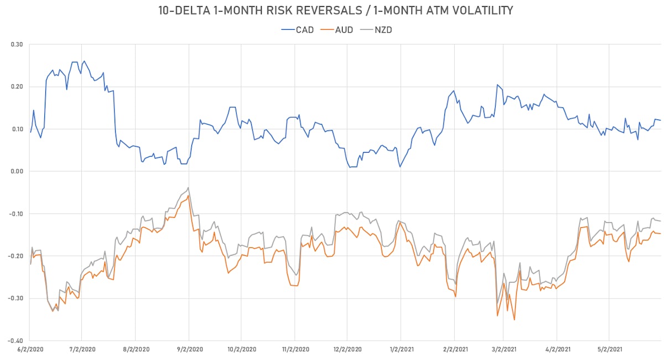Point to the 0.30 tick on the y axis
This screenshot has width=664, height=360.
[x=15, y=44]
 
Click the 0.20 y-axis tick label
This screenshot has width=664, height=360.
[x=15, y=87]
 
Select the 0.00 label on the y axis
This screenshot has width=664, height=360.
[x=15, y=171]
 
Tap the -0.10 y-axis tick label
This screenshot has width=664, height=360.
[x=14, y=214]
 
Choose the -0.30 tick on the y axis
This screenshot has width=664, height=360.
[x=14, y=299]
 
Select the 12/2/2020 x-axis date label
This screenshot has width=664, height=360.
[x=347, y=349]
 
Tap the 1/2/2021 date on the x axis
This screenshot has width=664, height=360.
[x=401, y=349]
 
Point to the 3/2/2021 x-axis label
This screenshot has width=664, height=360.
[x=503, y=349]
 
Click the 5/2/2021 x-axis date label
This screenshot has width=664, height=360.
[x=609, y=349]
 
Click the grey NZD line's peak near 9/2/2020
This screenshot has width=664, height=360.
[x=188, y=187]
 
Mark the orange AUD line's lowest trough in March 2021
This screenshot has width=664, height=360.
[x=515, y=320]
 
